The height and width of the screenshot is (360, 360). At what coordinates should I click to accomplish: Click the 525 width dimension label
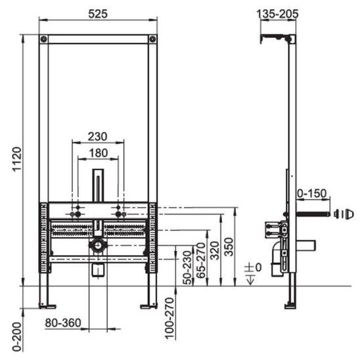coord(98,14)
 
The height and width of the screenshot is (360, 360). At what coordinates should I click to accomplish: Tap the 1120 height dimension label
coord(17,159)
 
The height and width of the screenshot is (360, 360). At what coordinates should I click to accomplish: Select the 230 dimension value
coord(98,137)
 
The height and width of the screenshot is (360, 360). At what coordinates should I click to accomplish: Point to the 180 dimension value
coord(99,153)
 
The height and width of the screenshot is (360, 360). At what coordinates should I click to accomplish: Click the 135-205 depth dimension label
coord(277,14)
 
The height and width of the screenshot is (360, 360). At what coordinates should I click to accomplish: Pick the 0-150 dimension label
coord(312,194)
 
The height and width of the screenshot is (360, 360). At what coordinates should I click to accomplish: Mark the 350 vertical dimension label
coord(229,247)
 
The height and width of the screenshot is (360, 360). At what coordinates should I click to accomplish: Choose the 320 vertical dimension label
coord(215,250)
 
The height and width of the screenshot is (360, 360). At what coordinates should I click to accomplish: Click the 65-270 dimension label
coord(201,260)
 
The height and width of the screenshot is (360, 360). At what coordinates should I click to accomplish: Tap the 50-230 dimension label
coord(187,268)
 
